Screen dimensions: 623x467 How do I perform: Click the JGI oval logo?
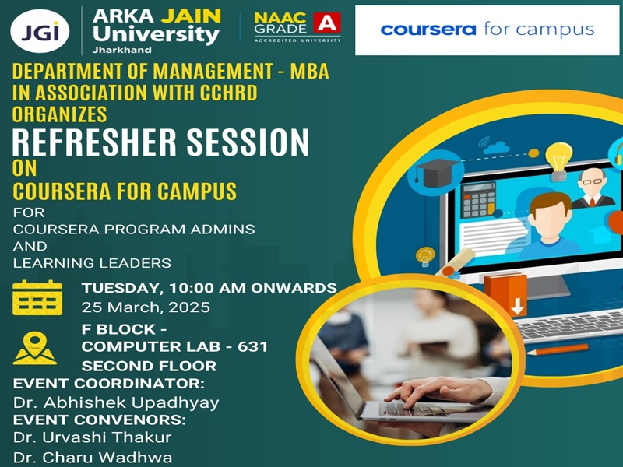tap(40, 31)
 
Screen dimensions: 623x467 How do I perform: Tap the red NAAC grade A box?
tap(327, 23)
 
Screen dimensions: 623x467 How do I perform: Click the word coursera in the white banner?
tap(428, 30)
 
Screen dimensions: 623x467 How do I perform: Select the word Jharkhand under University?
tap(122, 50)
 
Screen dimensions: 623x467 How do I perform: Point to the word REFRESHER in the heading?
tap(93, 142)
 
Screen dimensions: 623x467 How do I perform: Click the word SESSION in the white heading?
tap(248, 142)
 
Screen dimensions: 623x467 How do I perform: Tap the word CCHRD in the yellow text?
tap(228, 93)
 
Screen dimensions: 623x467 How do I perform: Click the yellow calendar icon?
tap(37, 297)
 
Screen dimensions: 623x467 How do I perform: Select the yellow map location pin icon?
tap(34, 348)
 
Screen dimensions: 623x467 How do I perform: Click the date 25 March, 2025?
tap(146, 307)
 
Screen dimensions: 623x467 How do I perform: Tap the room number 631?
tap(252, 346)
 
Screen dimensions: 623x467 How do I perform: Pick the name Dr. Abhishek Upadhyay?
tap(116, 402)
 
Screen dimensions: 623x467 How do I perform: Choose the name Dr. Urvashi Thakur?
tap(92, 437)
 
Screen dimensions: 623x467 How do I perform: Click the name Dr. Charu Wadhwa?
tap(93, 457)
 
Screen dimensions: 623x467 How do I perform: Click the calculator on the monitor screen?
tap(479, 199)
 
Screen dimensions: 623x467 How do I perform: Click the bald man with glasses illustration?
tap(592, 188)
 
